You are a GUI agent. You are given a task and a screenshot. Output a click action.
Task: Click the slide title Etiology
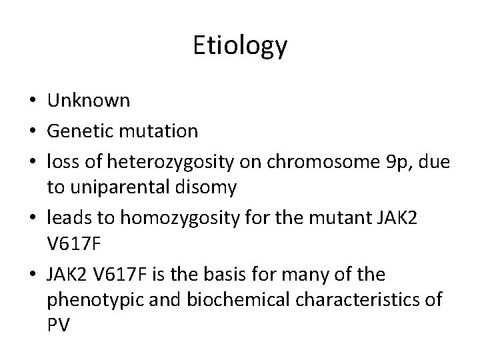point(240,46)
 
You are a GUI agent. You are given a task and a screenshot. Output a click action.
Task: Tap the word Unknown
point(89,101)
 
